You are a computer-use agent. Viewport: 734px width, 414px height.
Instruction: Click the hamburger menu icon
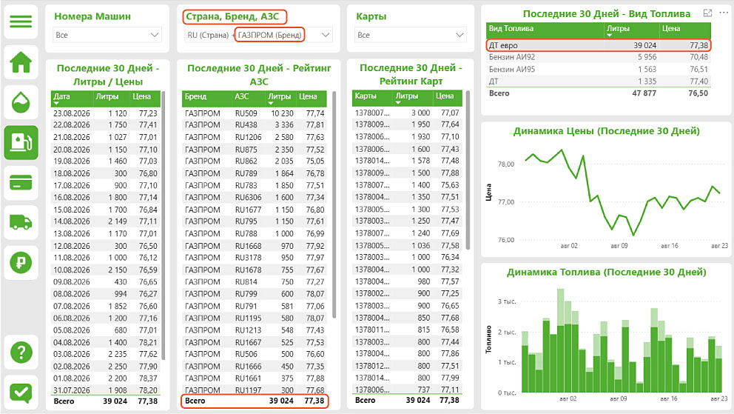21,21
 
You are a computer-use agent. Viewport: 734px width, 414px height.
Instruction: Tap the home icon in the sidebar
21,61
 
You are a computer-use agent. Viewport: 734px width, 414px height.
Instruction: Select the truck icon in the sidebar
21,222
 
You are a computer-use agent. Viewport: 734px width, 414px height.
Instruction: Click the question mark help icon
21,352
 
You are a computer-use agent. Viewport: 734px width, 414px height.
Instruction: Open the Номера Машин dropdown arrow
155,35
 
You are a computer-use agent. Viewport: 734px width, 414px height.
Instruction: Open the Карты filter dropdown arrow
459,35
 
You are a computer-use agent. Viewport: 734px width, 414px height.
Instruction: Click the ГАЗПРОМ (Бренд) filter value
269,35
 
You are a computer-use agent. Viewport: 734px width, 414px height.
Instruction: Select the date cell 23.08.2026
72,113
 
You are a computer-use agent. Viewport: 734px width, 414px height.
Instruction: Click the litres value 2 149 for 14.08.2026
118,221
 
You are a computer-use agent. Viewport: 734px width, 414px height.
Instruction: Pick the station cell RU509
246,113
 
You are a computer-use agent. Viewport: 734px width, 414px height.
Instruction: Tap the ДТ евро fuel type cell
503,45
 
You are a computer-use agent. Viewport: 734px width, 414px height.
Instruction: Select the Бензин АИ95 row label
511,70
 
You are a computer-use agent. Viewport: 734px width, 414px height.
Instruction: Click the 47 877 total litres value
644,93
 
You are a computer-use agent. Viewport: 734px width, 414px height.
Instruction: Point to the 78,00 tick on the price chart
506,164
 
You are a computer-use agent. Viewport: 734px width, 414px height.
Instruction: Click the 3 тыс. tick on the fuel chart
507,301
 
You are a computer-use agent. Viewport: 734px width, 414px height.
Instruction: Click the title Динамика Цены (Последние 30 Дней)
606,131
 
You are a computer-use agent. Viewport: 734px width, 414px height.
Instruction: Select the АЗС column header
241,96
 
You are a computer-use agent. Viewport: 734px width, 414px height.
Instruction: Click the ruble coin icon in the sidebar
21,263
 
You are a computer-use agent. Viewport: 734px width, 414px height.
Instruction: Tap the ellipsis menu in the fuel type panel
724,13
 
